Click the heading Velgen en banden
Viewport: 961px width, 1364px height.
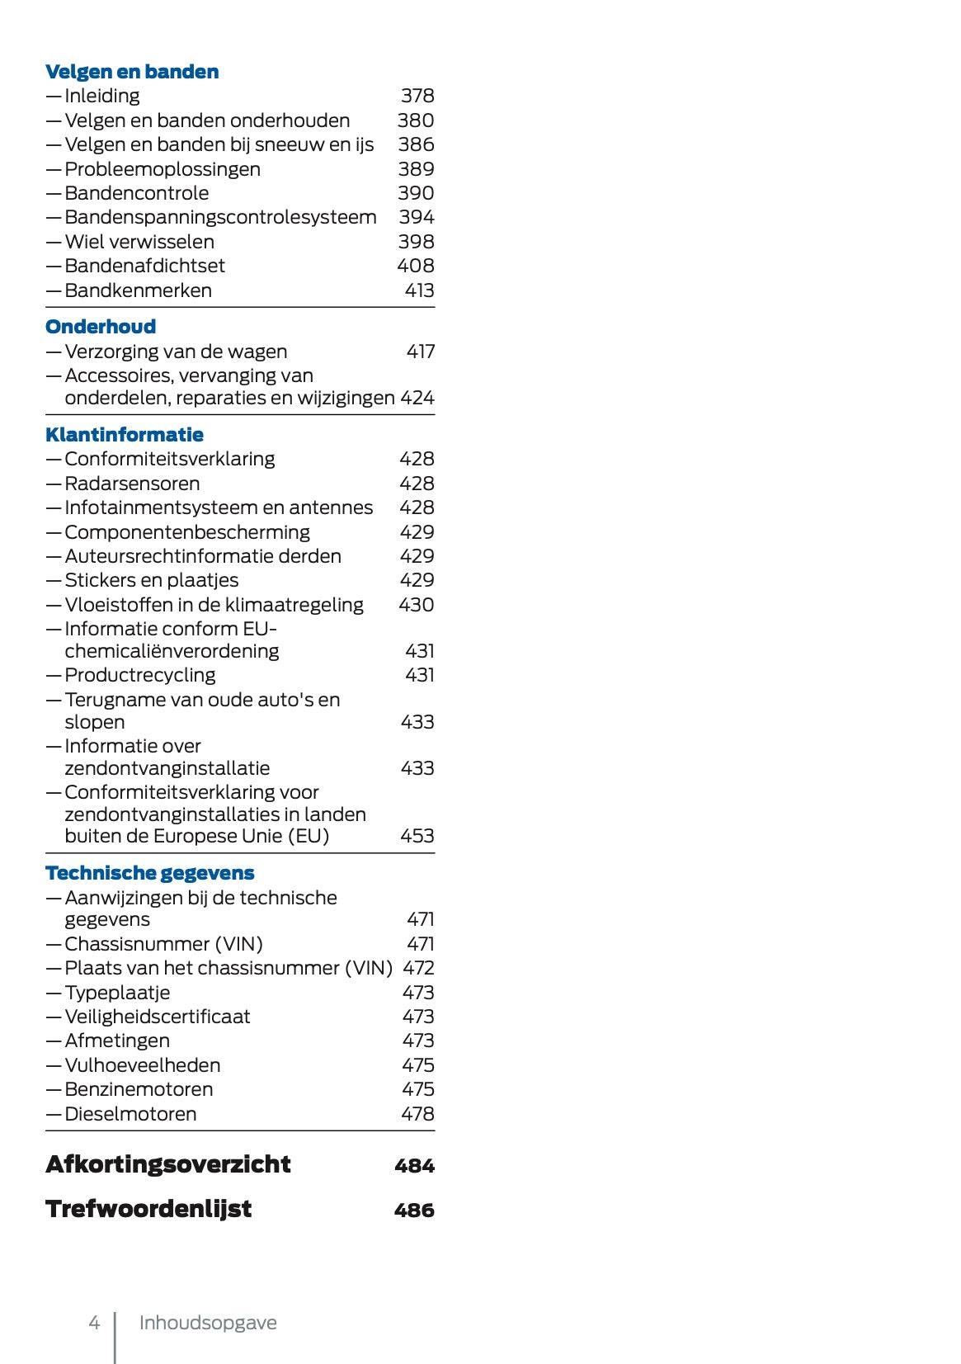point(132,72)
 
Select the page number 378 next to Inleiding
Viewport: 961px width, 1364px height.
point(417,96)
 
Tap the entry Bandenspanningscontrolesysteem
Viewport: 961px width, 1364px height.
point(220,217)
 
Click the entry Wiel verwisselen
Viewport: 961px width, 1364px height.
point(139,242)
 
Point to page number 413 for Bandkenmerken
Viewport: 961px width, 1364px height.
point(419,290)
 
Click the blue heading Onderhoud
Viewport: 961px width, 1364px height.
point(101,327)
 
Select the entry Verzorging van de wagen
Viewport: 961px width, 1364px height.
point(176,352)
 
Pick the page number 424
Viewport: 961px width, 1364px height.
point(417,398)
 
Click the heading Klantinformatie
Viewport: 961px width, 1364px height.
point(125,435)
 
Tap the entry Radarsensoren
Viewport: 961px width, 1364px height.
point(132,484)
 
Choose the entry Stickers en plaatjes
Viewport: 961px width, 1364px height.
point(152,580)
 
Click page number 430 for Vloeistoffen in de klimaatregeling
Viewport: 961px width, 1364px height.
point(416,605)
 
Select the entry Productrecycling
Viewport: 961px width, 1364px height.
point(140,675)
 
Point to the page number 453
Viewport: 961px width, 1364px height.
point(417,836)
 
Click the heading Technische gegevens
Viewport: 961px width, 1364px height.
point(150,873)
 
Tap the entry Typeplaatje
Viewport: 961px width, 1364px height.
point(117,993)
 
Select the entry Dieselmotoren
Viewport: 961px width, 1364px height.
point(130,1114)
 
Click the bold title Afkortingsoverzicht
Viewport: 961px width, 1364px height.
point(168,1164)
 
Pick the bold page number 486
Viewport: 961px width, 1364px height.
point(414,1211)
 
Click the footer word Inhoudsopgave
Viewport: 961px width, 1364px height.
point(208,1323)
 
